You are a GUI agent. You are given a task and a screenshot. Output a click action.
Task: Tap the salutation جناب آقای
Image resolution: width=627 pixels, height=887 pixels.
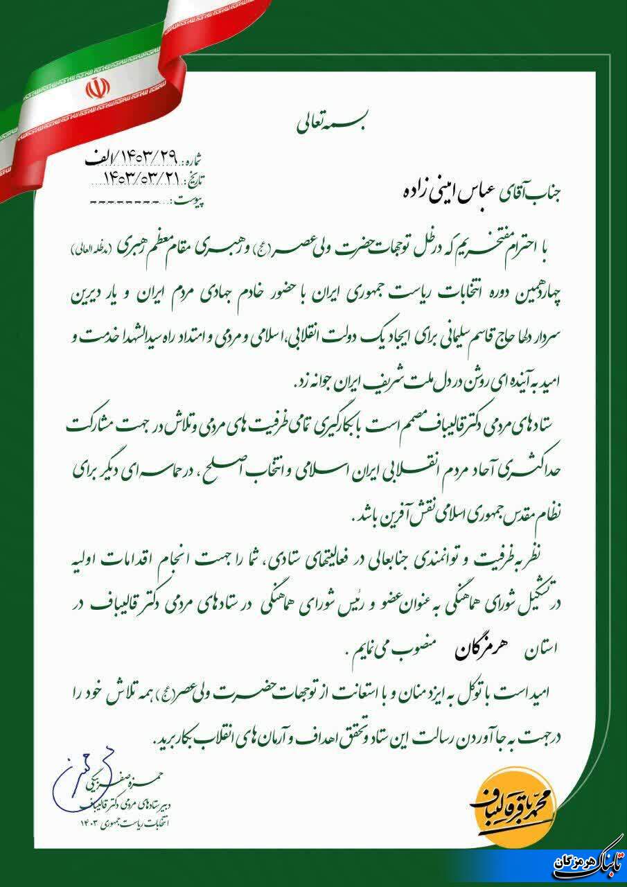(x=449, y=191)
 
